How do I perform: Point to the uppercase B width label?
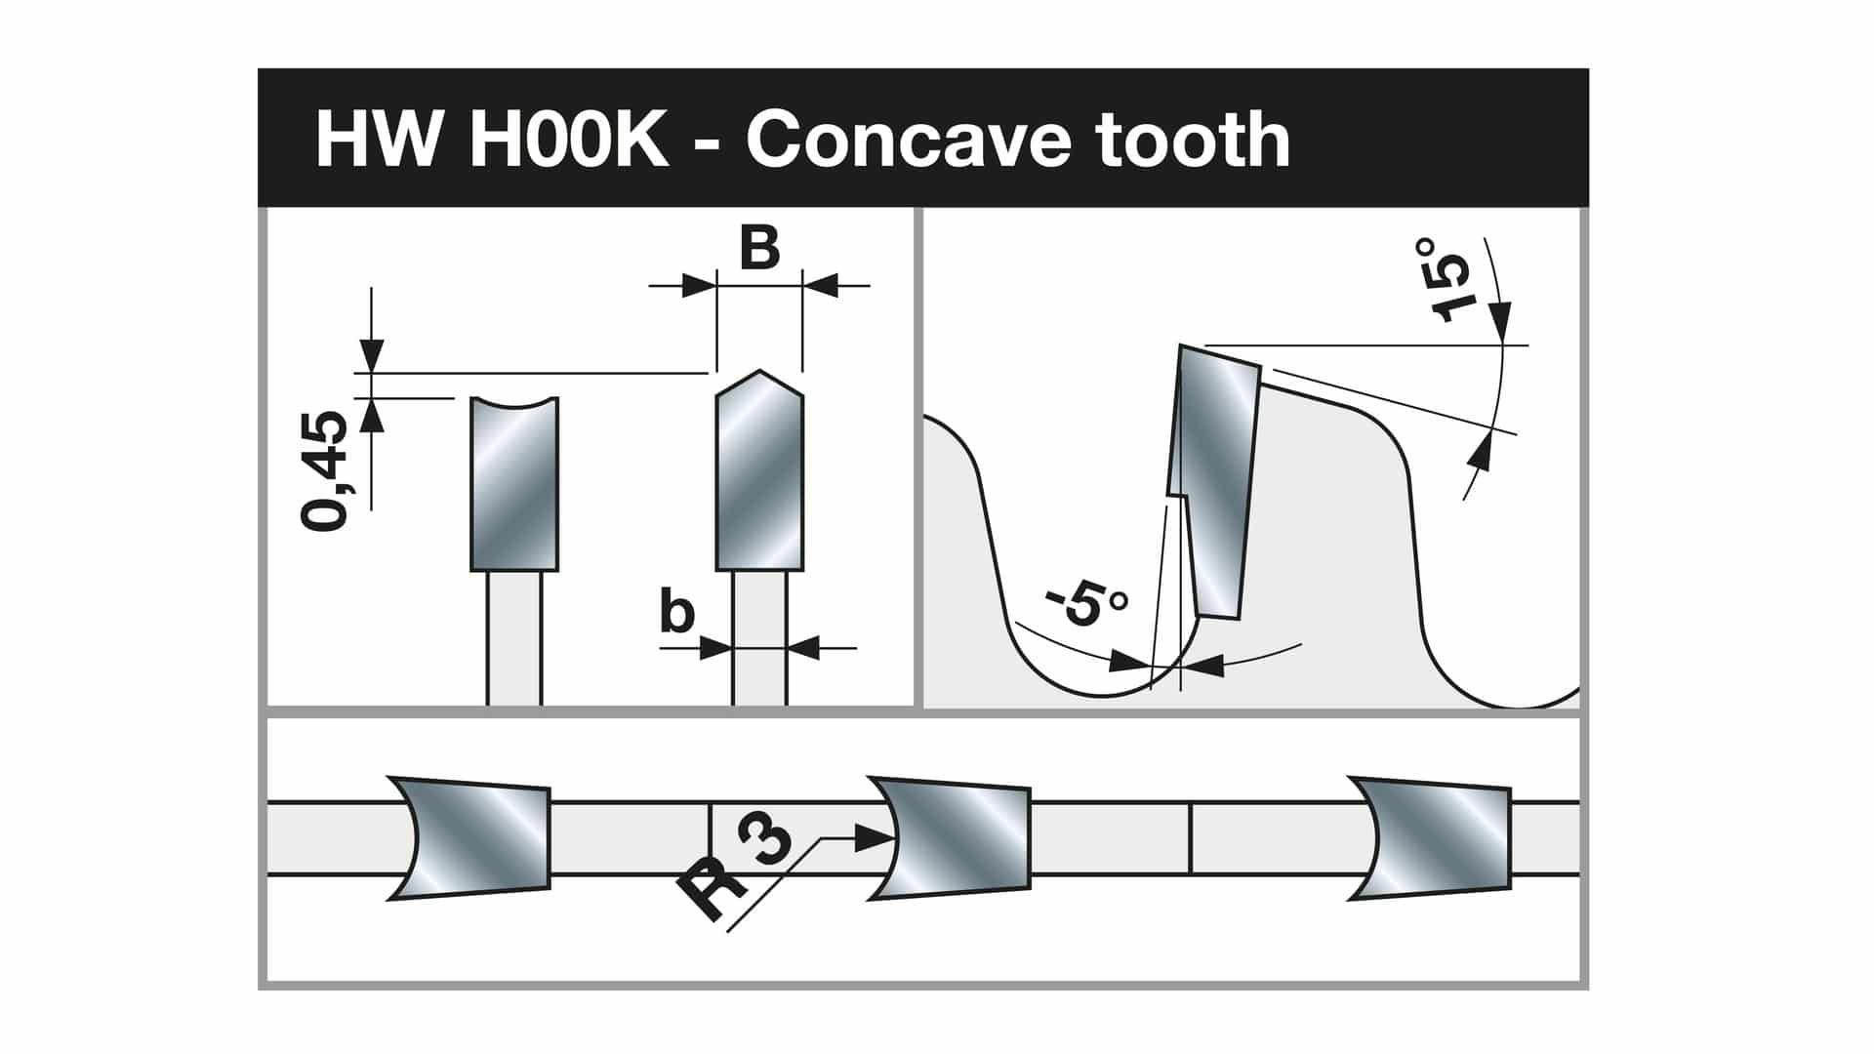click(759, 248)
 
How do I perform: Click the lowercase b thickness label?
click(677, 613)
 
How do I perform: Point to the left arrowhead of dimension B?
click(699, 286)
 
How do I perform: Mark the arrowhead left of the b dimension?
click(716, 648)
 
